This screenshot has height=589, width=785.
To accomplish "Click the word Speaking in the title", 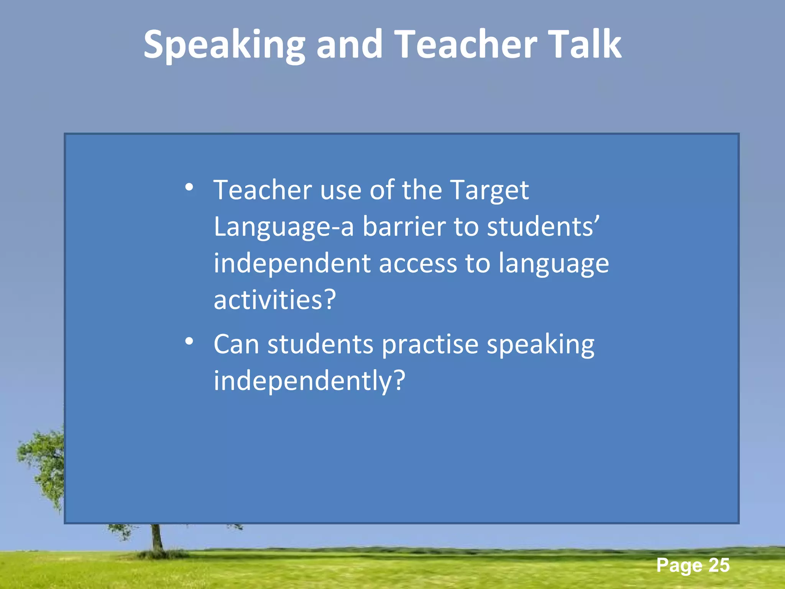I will click(x=224, y=45).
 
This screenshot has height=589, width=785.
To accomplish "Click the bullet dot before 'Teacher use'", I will click(x=189, y=188).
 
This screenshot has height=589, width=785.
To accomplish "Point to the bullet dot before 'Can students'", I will click(x=189, y=341).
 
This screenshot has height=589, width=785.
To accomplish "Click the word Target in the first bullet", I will click(x=489, y=190).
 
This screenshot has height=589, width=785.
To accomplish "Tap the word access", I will click(x=418, y=263).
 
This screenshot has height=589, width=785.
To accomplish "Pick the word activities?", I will click(x=275, y=300).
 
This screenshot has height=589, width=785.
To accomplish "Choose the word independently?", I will click(x=309, y=381).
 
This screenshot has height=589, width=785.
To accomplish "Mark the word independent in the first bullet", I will click(x=292, y=263).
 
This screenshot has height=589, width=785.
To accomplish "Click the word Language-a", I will click(x=284, y=227).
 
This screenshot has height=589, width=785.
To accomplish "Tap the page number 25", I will click(x=719, y=565).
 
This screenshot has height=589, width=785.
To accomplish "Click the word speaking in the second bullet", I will click(x=540, y=345).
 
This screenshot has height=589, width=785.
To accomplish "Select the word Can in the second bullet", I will click(x=236, y=344).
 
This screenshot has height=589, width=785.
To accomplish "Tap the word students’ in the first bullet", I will click(x=543, y=227).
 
